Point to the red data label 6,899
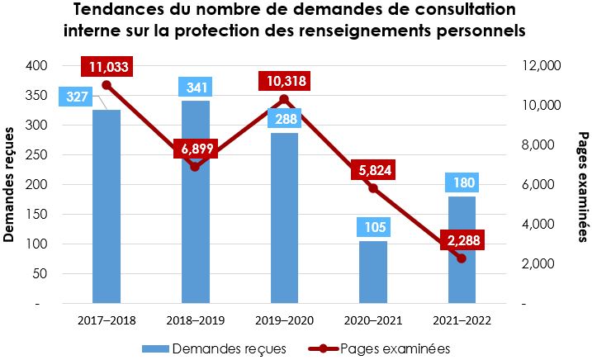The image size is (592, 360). [196, 149]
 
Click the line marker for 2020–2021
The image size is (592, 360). [373, 188]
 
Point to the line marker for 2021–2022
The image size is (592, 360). [462, 258]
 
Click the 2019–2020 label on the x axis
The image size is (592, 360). [284, 320]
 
